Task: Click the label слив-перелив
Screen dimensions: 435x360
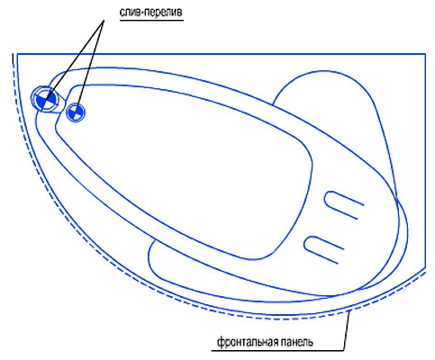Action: point(151,12)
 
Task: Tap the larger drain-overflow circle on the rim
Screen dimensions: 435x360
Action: point(45,99)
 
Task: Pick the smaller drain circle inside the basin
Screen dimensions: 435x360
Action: point(76,112)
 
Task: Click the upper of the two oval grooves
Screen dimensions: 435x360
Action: point(343,205)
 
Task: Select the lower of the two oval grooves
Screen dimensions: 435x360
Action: point(323,250)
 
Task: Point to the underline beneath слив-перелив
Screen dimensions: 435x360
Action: point(151,21)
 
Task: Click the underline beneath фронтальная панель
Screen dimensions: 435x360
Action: point(277,350)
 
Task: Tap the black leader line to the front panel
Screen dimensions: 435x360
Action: point(347,331)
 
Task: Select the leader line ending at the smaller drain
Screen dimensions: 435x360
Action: point(90,65)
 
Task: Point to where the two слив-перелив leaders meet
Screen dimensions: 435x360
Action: point(104,21)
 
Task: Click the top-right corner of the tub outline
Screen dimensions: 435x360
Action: point(425,54)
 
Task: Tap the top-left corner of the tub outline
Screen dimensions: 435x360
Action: point(17,54)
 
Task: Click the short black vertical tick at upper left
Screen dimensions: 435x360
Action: point(13,58)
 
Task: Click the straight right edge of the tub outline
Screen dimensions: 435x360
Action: point(425,160)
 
